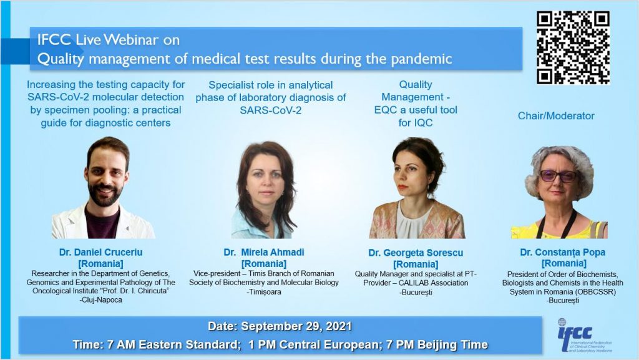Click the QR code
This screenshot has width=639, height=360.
tap(573, 47)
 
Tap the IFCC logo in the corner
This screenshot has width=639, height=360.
tap(584, 336)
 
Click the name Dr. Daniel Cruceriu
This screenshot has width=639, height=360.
tap(100, 252)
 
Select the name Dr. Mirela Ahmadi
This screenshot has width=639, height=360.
tap(264, 252)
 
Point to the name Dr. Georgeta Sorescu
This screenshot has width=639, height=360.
tap(416, 253)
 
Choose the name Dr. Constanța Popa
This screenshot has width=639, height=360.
tap(562, 252)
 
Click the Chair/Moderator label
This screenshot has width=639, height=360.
tap(556, 115)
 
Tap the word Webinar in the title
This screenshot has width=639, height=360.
tap(131, 39)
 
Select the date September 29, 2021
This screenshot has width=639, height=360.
tap(296, 326)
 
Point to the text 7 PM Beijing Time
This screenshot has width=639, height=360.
tap(437, 344)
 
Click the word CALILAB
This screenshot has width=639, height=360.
tap(415, 283)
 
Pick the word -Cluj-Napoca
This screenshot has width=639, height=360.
tap(100, 299)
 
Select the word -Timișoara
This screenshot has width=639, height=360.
tap(264, 291)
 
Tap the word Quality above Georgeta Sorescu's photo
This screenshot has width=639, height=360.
tap(415, 85)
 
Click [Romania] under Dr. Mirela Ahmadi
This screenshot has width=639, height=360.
tap(264, 263)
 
